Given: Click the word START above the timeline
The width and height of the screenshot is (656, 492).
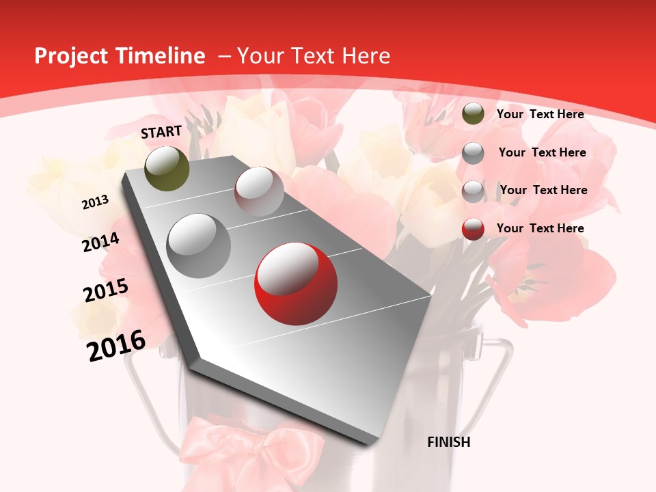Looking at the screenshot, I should [x=161, y=132].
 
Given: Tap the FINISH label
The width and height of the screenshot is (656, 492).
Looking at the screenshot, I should [x=449, y=442].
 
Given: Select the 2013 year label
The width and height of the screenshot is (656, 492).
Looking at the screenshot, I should [x=95, y=202].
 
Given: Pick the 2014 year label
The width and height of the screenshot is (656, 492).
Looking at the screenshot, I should [x=100, y=243].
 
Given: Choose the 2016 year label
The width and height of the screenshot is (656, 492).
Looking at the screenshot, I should [x=117, y=346].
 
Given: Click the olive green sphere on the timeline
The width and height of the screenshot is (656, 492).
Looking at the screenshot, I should [x=167, y=168].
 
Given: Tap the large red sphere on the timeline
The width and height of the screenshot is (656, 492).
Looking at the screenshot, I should [x=296, y=284].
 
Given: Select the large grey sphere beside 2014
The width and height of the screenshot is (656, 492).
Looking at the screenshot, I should [x=199, y=245].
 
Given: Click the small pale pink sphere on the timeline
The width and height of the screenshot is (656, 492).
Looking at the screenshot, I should [x=259, y=191].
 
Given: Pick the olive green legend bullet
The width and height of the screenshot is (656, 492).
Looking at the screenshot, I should [x=473, y=113].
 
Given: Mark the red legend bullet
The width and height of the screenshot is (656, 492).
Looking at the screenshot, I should [x=473, y=229].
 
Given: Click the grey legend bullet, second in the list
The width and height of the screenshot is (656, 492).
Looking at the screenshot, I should [x=473, y=152].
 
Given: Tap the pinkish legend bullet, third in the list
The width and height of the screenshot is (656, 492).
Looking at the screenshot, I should [x=473, y=191].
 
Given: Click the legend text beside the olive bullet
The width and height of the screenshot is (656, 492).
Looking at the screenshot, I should [x=540, y=114].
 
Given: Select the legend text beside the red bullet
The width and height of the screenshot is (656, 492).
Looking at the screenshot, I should [x=540, y=228].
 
